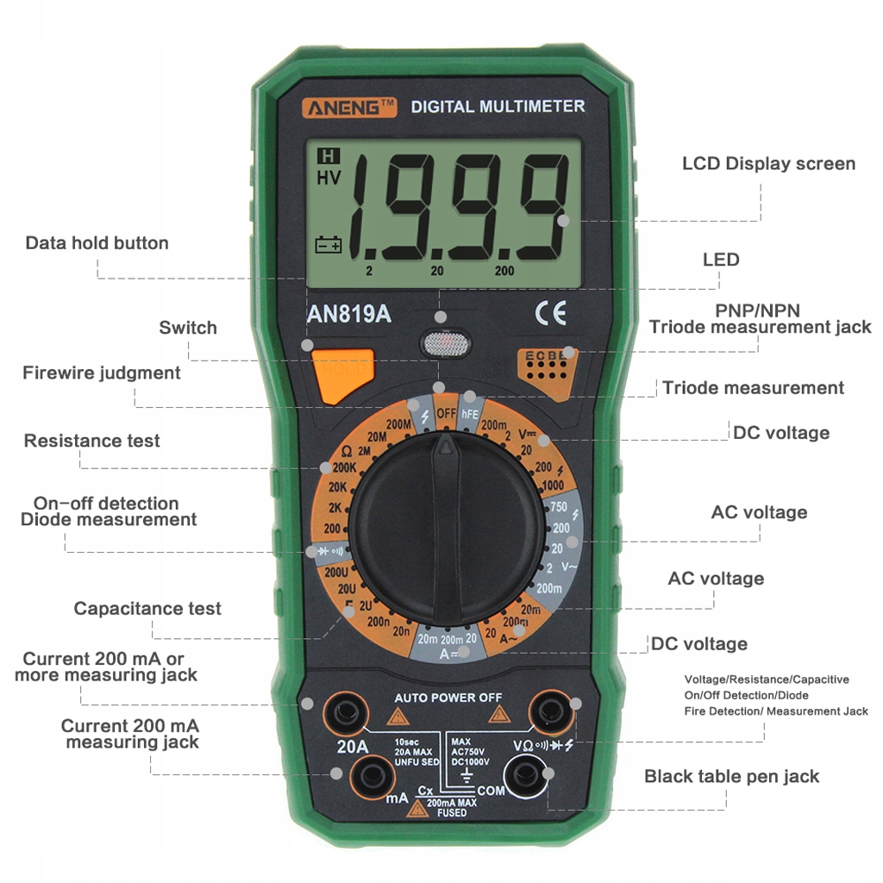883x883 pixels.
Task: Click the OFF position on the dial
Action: tap(446, 412)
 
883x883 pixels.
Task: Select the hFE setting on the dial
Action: tap(470, 414)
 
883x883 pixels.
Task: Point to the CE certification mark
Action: tap(550, 313)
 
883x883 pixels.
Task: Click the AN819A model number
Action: tap(349, 314)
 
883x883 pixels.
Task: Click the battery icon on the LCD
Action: tap(329, 245)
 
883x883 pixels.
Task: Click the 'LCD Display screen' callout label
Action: tap(768, 164)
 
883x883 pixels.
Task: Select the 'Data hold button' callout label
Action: tap(97, 243)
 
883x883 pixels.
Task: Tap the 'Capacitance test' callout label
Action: tap(147, 609)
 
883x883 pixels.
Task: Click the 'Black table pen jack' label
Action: tap(731, 776)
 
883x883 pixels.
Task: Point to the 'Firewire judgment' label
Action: tap(102, 373)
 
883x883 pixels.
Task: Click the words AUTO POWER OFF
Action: tap(448, 697)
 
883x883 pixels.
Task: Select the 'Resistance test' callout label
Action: tap(92, 441)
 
